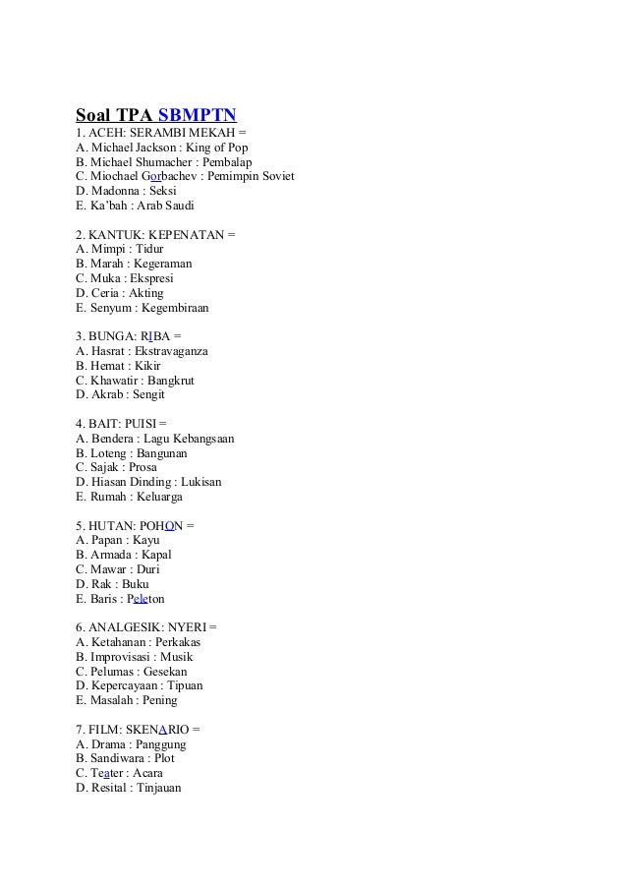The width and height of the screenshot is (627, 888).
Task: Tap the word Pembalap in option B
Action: click(x=223, y=162)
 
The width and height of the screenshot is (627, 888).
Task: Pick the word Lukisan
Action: click(x=200, y=482)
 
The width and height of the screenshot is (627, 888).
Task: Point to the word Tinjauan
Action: click(x=154, y=788)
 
